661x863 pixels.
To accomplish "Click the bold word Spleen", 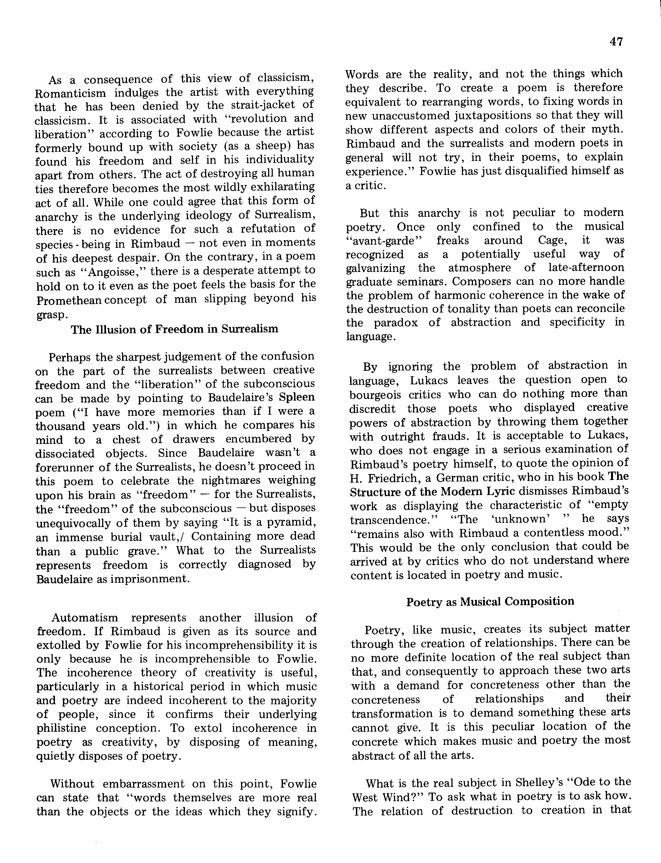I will pos(297,397).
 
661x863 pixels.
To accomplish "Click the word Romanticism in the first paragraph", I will pos(70,94).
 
